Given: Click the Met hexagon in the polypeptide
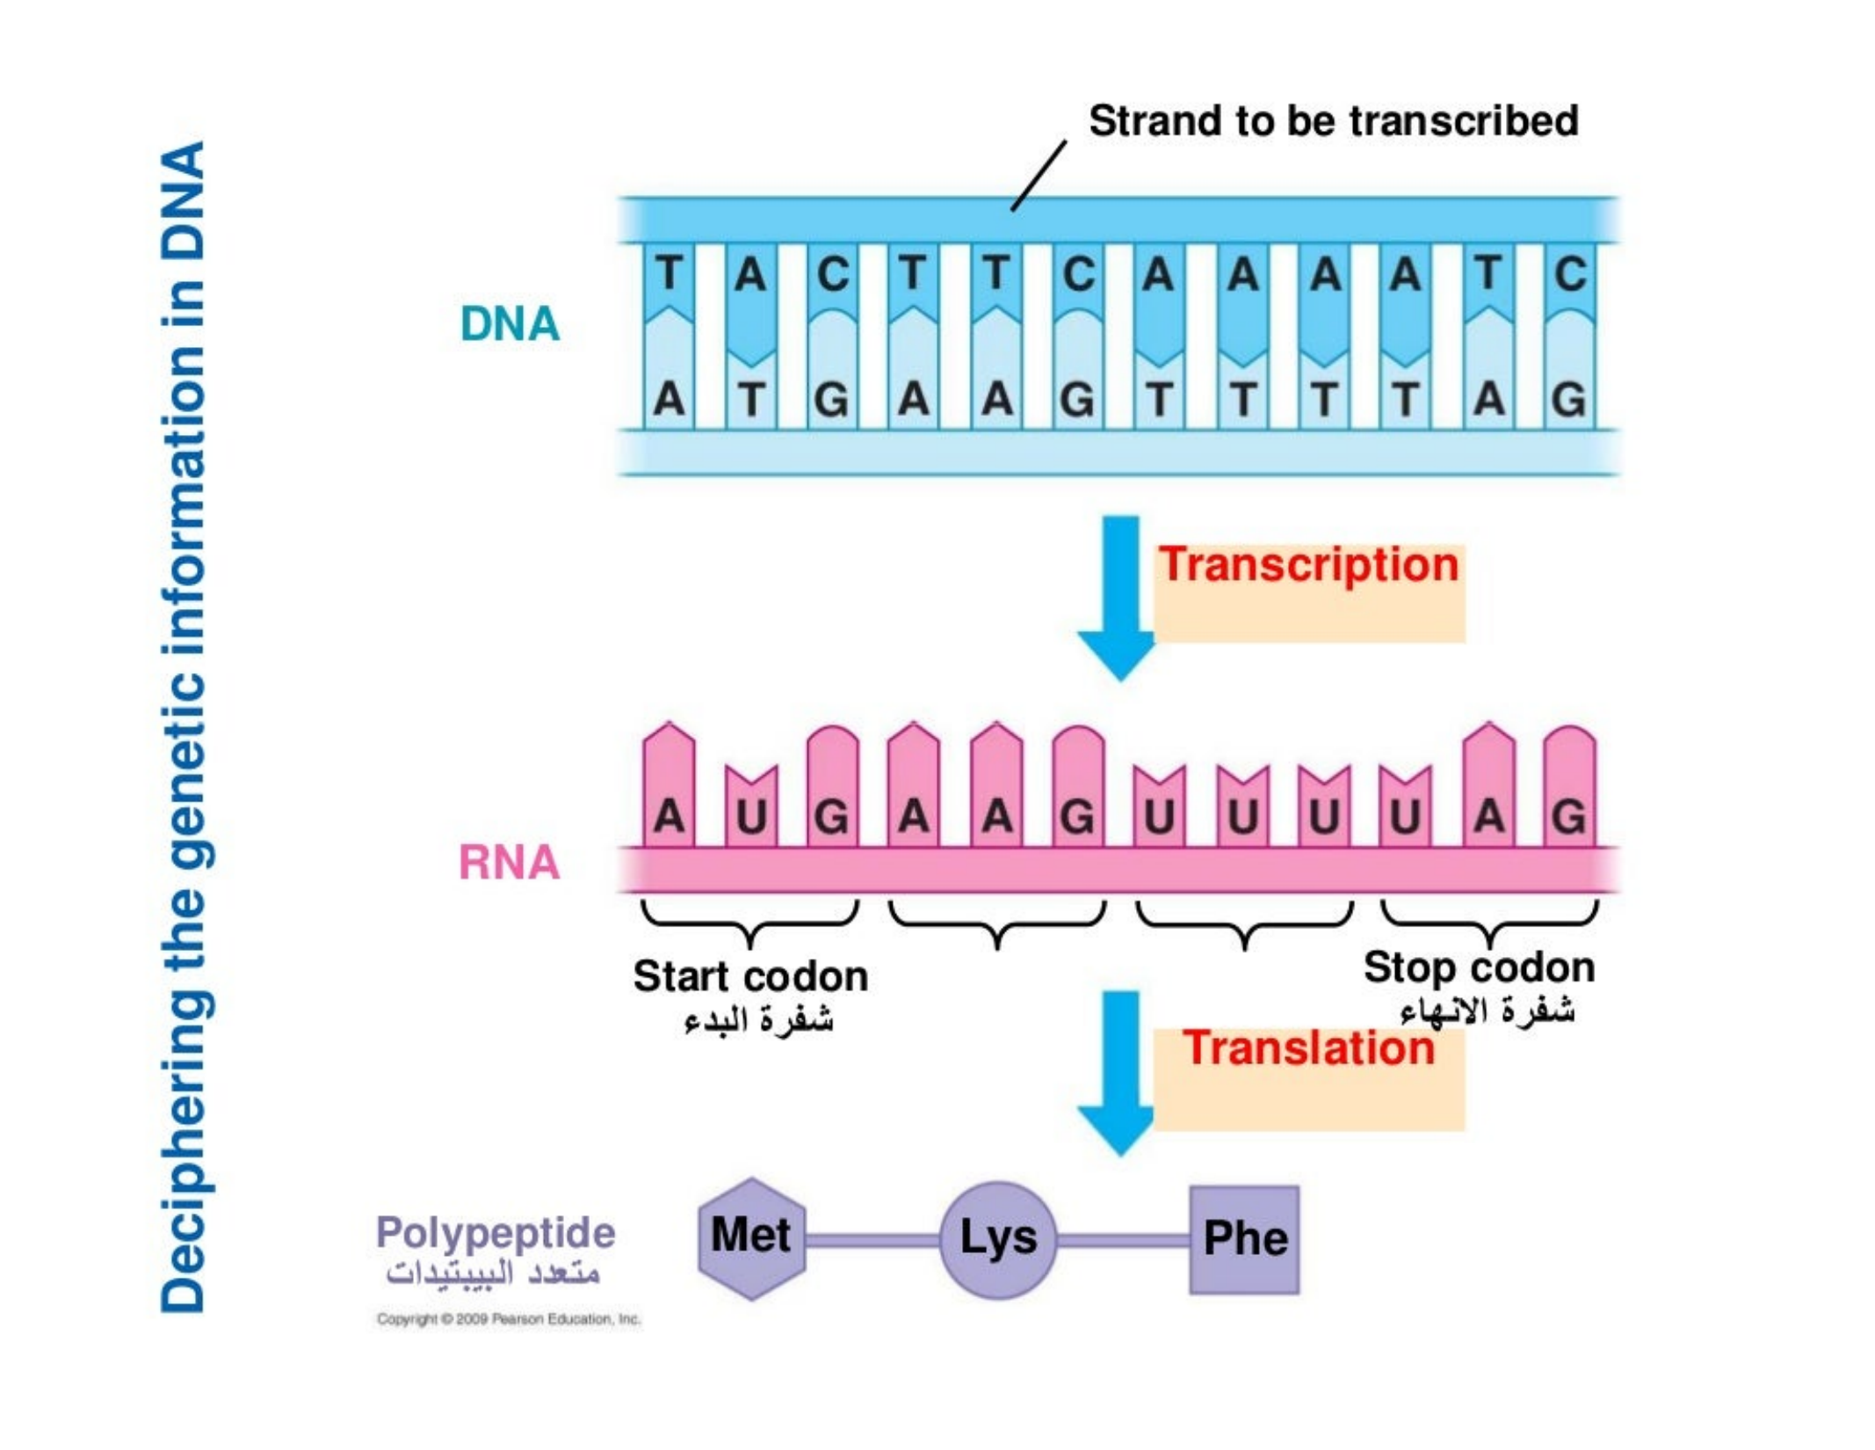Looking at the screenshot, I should coord(751,1237).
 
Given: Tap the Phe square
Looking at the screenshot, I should coord(1244,1239).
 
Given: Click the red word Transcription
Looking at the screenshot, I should coord(1307,565).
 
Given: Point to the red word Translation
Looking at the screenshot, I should coord(1307,1048).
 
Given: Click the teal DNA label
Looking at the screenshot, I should coord(510,324).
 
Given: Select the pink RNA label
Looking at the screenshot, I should coord(509,862).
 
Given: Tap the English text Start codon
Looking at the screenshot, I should coord(750,976).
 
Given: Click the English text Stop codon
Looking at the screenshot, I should coord(1479,968).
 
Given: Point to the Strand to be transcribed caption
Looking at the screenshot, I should coord(1333,121).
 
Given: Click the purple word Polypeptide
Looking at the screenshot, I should coord(496,1232).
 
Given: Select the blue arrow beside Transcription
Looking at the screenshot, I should coord(1118,598).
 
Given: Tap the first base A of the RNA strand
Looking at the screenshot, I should coord(669,817).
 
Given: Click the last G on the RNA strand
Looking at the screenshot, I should coord(1569,817).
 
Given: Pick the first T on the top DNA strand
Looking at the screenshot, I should coord(669,273).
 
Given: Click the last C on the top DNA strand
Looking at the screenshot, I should coord(1569,273).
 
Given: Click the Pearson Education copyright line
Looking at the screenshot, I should coord(509,1319).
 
